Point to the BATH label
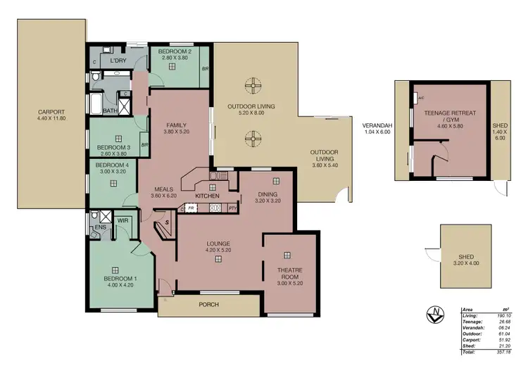(109, 111)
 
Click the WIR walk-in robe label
(122, 220)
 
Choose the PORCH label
(209, 304)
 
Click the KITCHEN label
(208, 195)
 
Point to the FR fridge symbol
(190, 208)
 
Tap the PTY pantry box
(232, 208)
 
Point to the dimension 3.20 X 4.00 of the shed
(467, 263)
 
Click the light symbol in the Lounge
(218, 259)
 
